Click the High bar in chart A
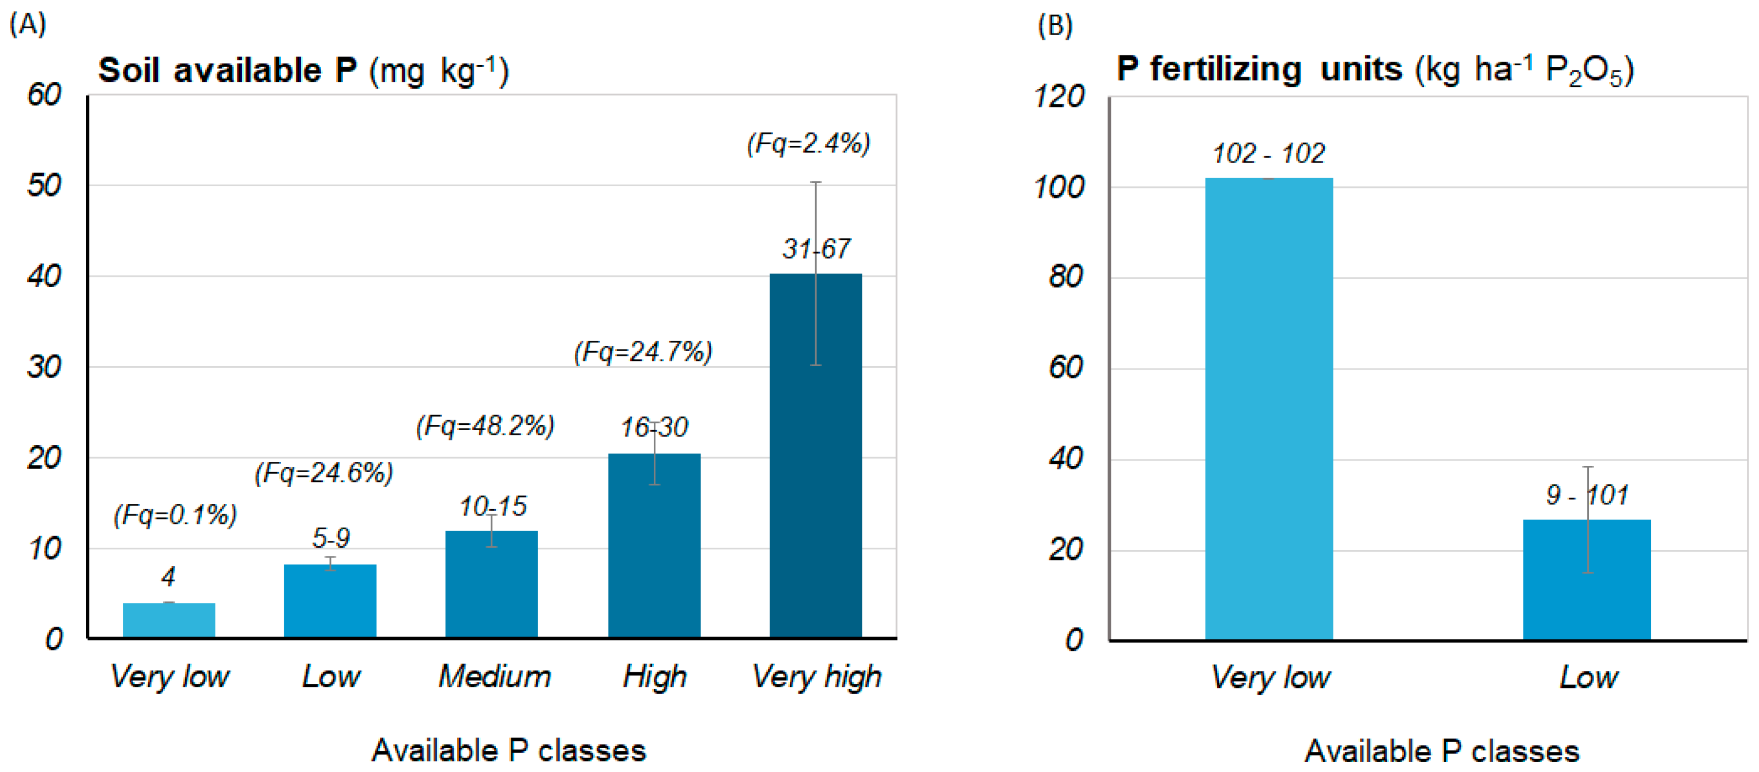pos(653,545)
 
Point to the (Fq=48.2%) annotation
pos(485,426)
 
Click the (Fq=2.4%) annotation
pos(808,144)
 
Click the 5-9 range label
pos(330,538)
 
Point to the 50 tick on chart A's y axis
pos(44,186)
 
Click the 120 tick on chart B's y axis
pos(1059,96)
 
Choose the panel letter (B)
pos(1054,26)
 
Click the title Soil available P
pos(303,70)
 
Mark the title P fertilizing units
pos(1374,70)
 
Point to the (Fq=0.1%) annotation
pos(175,515)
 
